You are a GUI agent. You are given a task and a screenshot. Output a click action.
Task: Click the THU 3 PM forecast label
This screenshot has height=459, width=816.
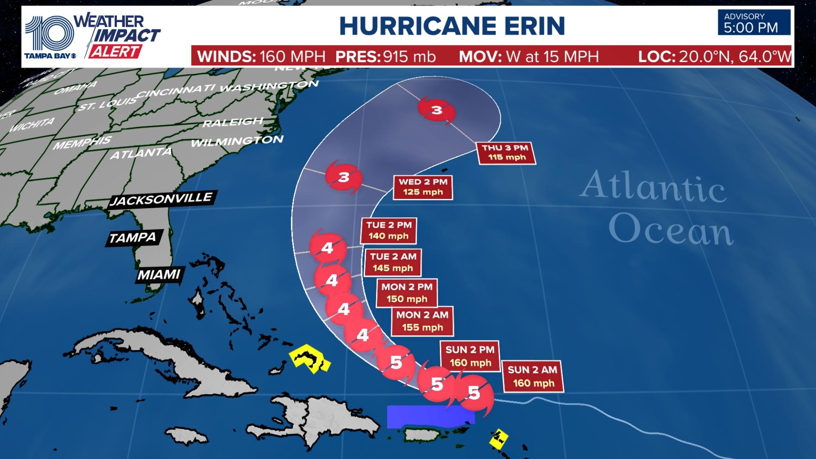(x=505, y=153)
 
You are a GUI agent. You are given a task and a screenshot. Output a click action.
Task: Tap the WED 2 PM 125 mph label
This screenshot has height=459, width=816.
(x=423, y=187)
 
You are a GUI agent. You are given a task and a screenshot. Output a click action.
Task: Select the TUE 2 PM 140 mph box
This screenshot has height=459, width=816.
(x=388, y=231)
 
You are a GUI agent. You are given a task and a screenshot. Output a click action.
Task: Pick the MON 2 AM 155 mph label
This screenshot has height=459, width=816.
(x=422, y=321)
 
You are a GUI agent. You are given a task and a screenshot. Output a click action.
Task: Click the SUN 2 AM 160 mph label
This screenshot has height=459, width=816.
(x=533, y=377)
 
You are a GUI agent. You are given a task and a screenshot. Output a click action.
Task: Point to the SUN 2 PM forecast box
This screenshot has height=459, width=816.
(x=470, y=356)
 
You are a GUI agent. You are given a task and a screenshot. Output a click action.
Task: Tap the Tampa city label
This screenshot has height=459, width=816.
(x=133, y=238)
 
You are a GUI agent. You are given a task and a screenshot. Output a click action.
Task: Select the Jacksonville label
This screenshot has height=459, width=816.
(x=161, y=198)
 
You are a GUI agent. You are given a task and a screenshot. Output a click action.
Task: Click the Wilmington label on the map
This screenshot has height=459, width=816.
(x=237, y=141)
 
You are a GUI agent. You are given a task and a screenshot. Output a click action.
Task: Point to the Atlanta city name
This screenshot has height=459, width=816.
(x=141, y=153)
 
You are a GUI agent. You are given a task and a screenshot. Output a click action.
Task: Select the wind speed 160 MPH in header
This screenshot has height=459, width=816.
(x=292, y=57)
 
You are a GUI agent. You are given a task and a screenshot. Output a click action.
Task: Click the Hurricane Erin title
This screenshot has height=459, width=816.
(x=452, y=26)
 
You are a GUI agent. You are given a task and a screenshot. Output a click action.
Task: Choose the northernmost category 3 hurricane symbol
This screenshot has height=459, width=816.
(x=437, y=110)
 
